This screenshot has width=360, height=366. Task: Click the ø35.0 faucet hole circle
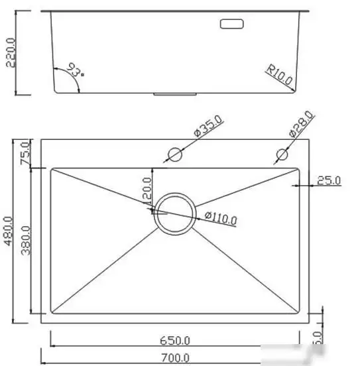(175, 154)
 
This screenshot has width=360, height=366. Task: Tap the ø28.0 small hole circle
(280, 155)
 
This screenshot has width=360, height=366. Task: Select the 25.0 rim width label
(329, 180)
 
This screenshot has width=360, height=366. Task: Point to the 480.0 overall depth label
(9, 231)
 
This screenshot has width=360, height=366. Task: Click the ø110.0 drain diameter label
(221, 217)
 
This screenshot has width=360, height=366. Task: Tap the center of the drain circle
(175, 212)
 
